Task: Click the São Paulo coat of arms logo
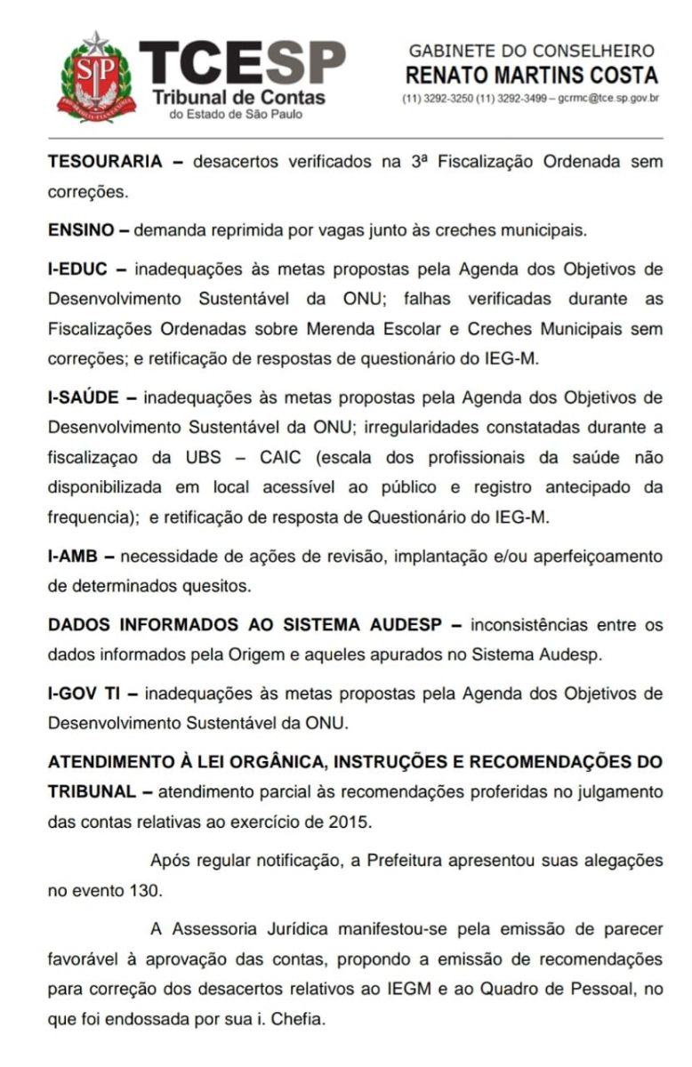95,78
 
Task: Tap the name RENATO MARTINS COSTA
531,75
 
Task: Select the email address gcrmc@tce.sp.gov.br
608,98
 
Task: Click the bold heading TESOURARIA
104,162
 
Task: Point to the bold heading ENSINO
78,229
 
